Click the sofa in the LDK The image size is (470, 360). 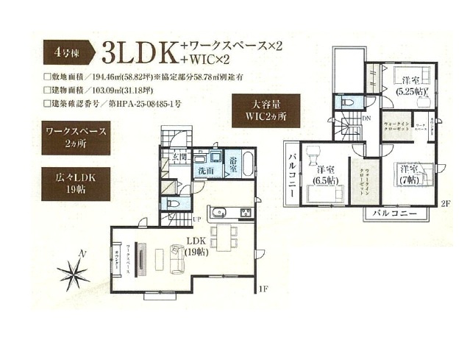point(178,258)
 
